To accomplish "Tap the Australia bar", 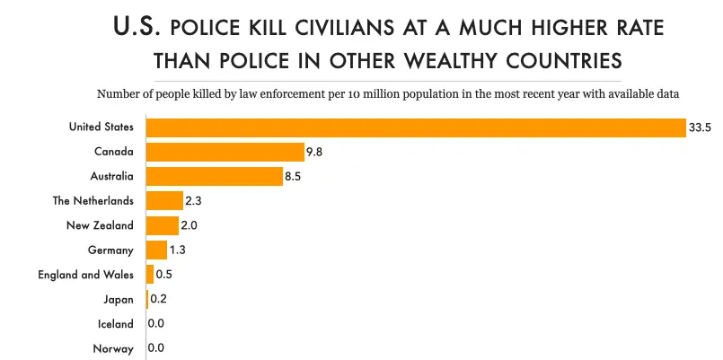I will click(x=215, y=177).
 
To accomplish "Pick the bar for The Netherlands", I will click(x=164, y=201).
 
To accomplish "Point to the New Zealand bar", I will click(x=163, y=225).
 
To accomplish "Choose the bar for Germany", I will click(x=156, y=250).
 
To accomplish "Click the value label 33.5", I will click(x=700, y=127).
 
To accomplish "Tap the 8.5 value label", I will click(x=293, y=177).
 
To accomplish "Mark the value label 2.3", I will click(x=194, y=201).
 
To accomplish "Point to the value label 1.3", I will click(x=178, y=250).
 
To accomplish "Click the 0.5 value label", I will click(x=164, y=275).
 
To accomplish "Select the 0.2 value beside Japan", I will click(x=159, y=299).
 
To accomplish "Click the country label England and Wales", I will click(x=85, y=275).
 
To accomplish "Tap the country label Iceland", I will click(x=116, y=324).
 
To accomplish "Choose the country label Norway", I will click(x=113, y=348).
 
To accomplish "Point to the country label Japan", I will click(x=119, y=299).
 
